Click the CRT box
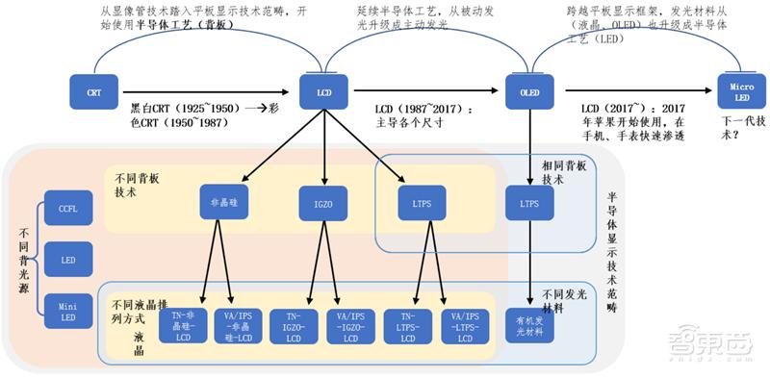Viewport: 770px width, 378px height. coord(93,91)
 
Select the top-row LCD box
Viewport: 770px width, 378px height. coord(325,91)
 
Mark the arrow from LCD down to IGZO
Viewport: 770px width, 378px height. coord(325,145)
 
